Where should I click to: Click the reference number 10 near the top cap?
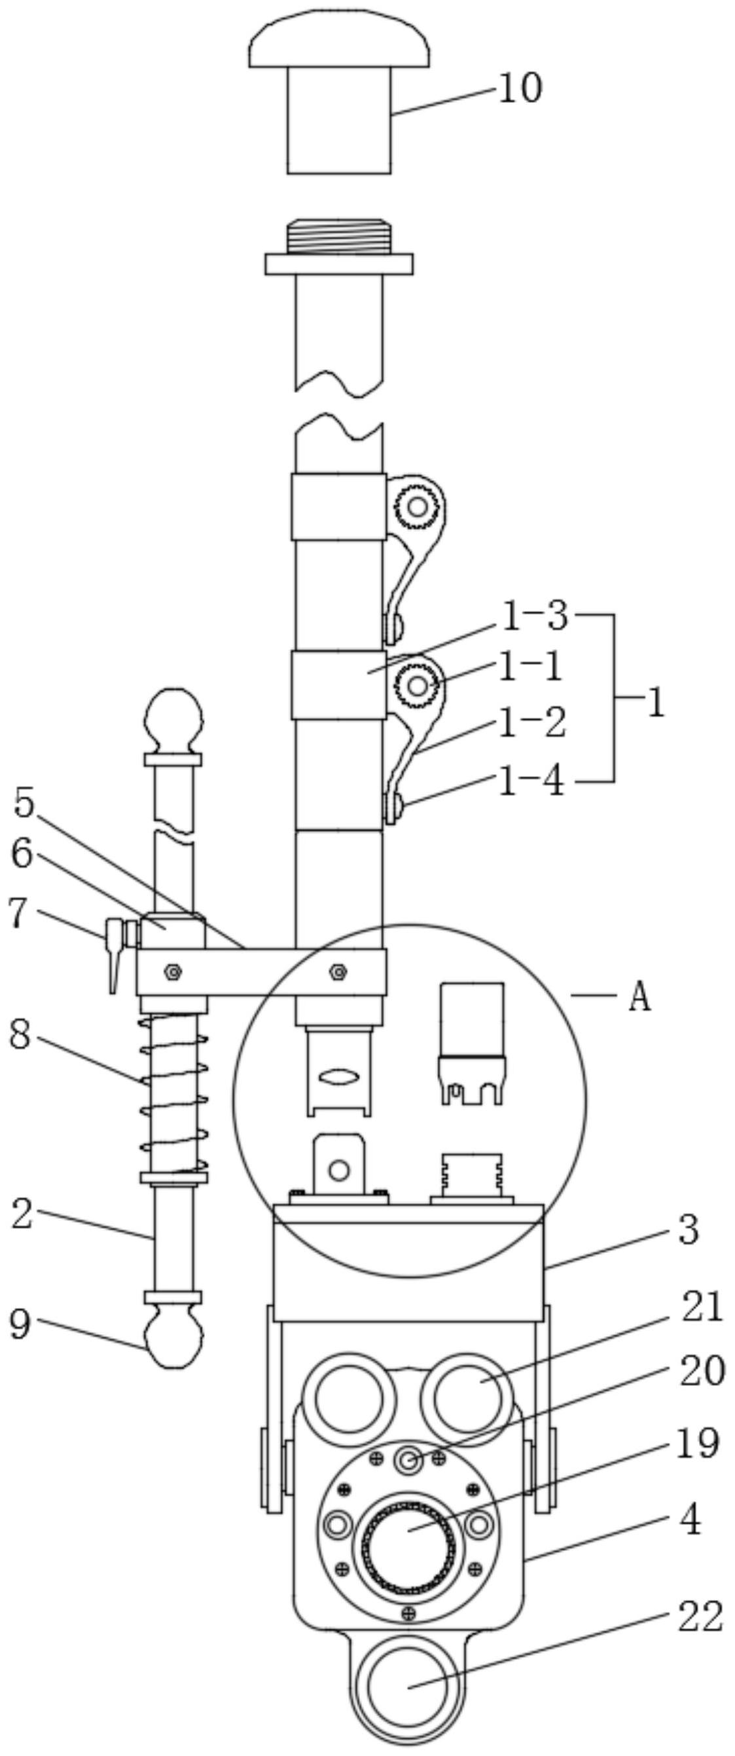tap(521, 89)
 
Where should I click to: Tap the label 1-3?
tap(535, 616)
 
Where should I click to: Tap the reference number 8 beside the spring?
tap(20, 1035)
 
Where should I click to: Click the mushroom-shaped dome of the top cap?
tap(339, 39)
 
